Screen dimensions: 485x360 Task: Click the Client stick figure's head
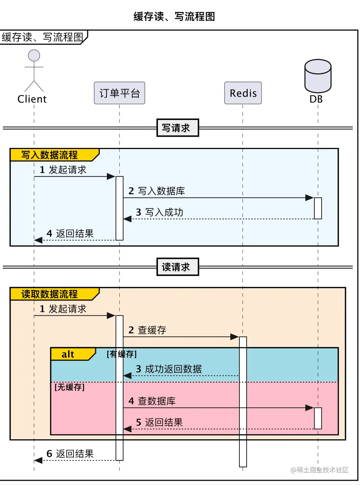click(x=34, y=55)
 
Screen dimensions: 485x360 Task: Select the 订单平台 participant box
click(x=120, y=93)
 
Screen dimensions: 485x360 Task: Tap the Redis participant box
click(x=243, y=93)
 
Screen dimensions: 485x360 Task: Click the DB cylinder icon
click(x=318, y=76)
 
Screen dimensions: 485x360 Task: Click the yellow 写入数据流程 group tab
click(x=51, y=155)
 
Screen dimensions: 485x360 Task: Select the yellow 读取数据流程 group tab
click(x=51, y=294)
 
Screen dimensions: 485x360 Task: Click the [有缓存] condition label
click(x=122, y=354)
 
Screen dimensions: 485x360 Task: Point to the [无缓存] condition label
click(x=70, y=387)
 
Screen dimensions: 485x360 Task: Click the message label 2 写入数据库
click(x=156, y=191)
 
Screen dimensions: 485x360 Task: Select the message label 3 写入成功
click(x=159, y=212)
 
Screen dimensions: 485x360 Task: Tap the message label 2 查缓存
click(x=147, y=330)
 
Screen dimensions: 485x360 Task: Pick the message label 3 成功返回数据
click(x=169, y=369)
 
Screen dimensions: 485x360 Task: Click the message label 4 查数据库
click(x=152, y=401)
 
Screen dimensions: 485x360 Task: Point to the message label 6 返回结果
click(x=70, y=454)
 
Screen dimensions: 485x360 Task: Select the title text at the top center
click(x=174, y=17)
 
